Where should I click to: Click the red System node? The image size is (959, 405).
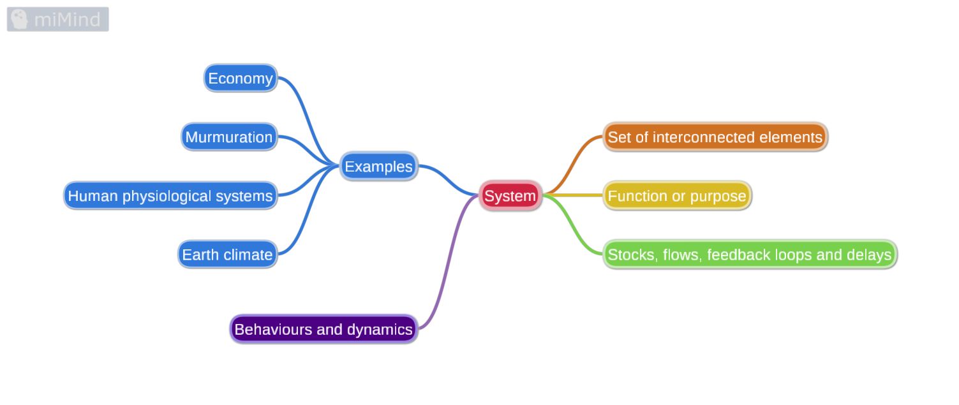[510, 195]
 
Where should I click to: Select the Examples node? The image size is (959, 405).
[378, 166]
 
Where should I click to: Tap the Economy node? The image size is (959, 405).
[241, 78]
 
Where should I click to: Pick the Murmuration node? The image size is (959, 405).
[229, 137]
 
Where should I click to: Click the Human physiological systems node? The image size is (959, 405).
[170, 196]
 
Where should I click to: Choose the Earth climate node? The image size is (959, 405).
[227, 254]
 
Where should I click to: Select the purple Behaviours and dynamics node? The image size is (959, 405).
[323, 329]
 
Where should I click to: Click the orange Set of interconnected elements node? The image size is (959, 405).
[715, 137]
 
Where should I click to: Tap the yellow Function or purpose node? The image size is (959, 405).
[677, 196]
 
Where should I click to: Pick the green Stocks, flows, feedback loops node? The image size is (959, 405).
[749, 254]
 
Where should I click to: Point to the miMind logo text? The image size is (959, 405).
[67, 20]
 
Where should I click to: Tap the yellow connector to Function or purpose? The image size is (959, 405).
[573, 195]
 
